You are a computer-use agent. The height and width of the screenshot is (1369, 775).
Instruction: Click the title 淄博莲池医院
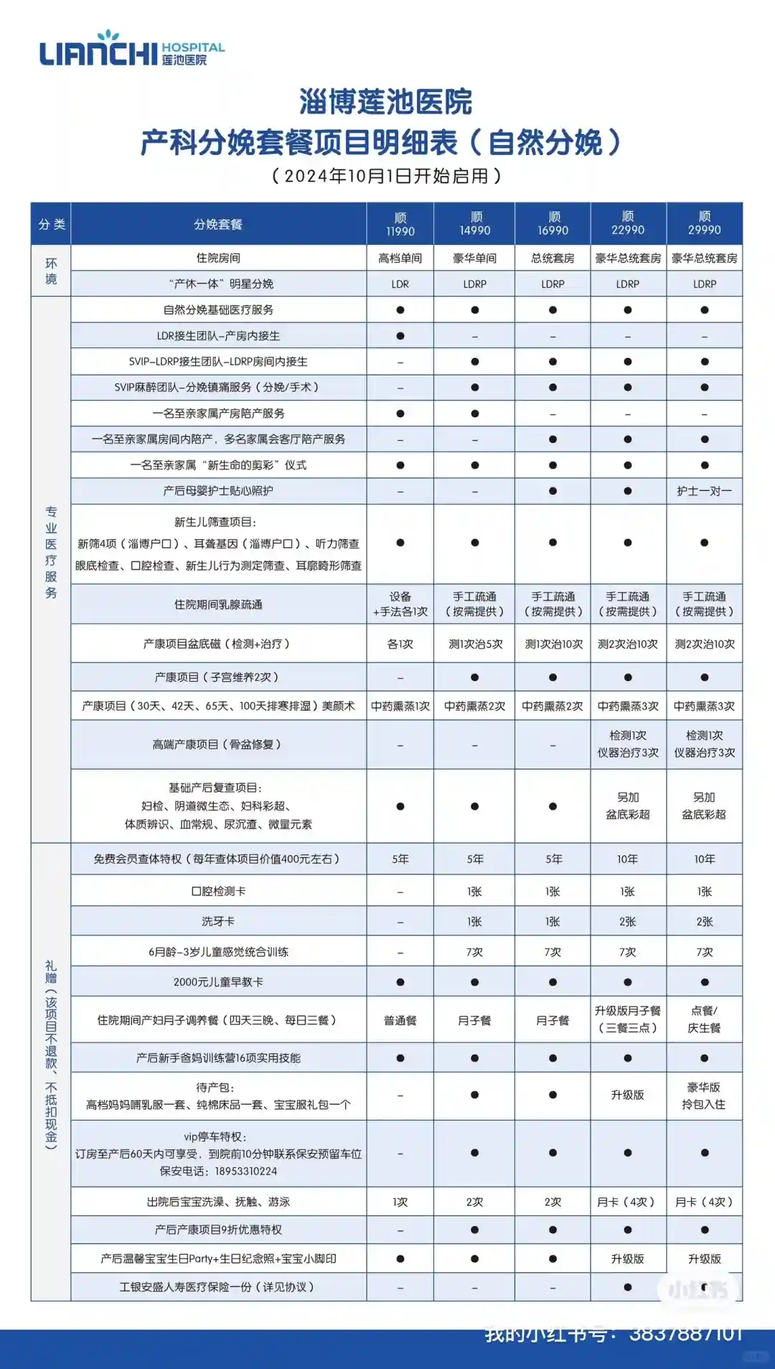(x=385, y=102)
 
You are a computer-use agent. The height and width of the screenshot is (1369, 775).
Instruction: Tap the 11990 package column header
(x=400, y=224)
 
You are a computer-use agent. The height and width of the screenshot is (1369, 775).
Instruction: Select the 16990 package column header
(x=553, y=224)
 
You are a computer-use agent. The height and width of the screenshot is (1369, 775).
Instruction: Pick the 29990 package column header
(x=704, y=224)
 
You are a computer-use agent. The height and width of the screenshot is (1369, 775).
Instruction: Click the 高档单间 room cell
(x=400, y=258)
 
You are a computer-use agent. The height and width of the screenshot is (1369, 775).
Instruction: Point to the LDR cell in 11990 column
(x=400, y=284)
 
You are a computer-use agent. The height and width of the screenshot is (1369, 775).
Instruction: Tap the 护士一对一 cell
(x=704, y=491)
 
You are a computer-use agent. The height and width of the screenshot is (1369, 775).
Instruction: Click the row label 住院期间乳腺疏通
(x=218, y=604)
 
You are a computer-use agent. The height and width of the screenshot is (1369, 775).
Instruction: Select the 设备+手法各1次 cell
(x=400, y=604)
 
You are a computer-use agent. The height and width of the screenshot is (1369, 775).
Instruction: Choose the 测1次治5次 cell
(x=475, y=645)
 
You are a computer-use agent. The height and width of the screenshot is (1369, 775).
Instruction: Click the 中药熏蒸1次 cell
(x=400, y=706)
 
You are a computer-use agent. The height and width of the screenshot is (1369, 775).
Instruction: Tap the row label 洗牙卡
(x=218, y=922)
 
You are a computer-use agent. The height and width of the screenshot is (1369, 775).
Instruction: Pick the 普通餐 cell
(x=400, y=1020)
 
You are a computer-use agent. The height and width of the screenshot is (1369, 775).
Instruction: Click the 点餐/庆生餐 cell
(x=704, y=1019)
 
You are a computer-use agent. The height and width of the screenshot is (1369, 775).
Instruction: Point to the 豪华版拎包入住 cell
(x=704, y=1095)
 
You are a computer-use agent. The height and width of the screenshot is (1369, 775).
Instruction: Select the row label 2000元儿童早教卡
(x=218, y=982)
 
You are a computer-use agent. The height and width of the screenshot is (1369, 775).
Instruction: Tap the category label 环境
(x=51, y=271)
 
